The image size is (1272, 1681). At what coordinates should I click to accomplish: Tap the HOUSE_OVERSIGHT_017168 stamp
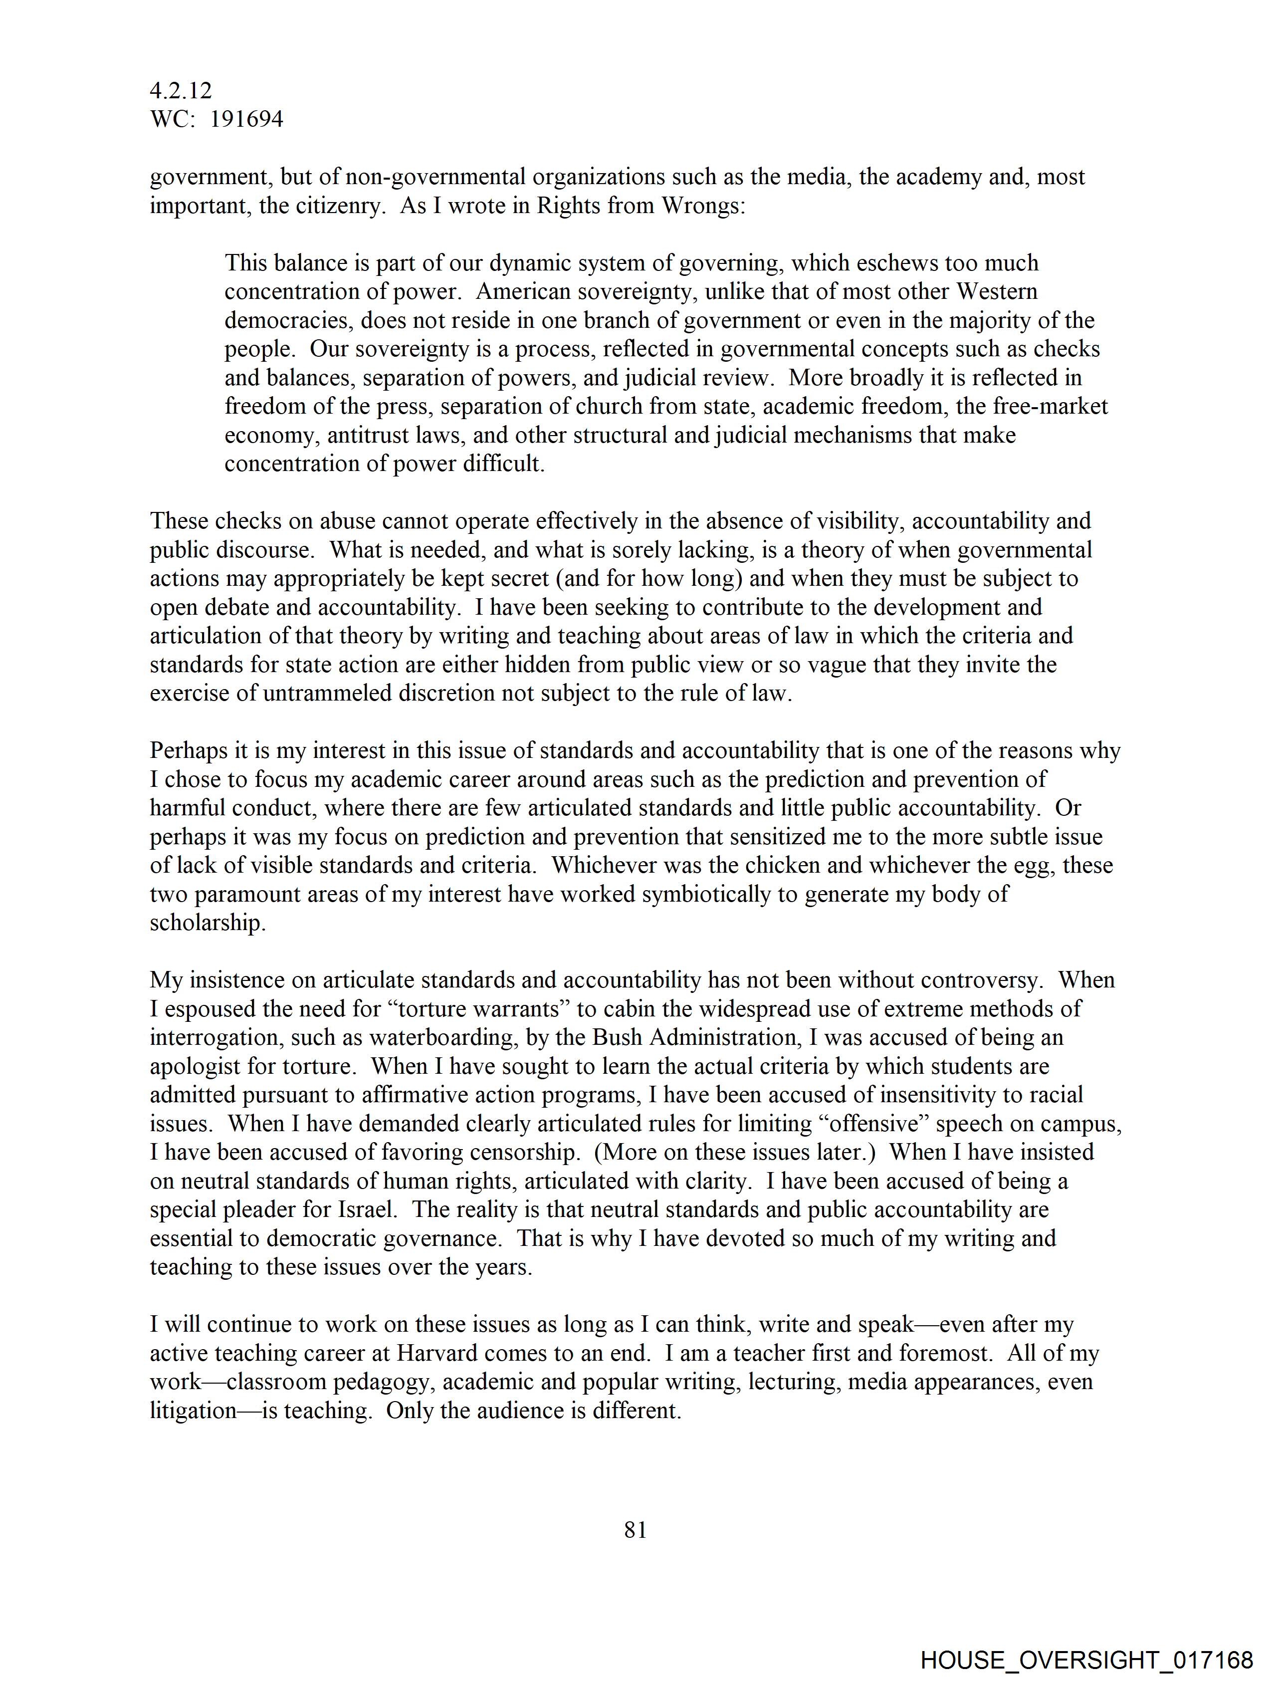pyautogui.click(x=1086, y=1660)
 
